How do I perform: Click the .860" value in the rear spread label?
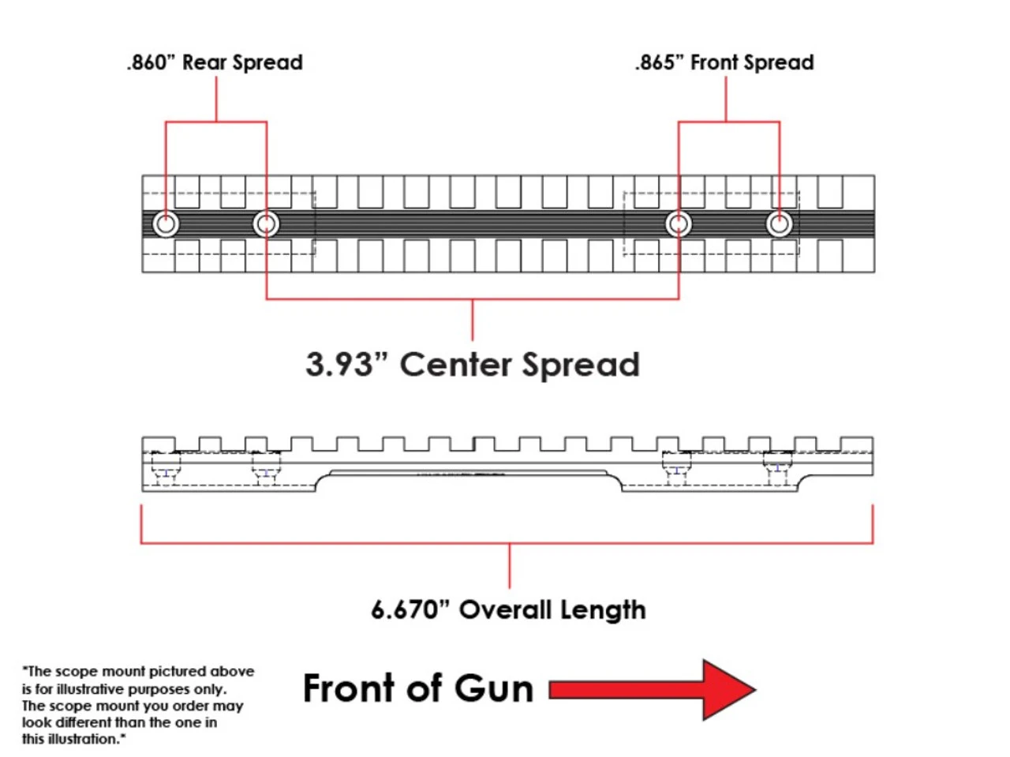point(151,62)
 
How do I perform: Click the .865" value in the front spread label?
point(660,62)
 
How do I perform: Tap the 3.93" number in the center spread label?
point(346,365)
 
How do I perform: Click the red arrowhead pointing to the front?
point(728,690)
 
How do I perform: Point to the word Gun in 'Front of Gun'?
point(495,688)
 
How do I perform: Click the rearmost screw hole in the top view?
point(166,224)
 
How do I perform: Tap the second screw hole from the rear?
point(267,224)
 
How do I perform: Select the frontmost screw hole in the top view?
point(780,224)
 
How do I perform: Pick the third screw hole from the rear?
point(679,224)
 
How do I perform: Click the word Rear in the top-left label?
point(204,62)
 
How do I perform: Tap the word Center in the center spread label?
point(456,365)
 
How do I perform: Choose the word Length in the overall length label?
point(603,610)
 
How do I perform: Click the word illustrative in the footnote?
point(78,689)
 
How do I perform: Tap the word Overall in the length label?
point(505,610)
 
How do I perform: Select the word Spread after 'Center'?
point(580,365)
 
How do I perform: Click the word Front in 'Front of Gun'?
point(350,688)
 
